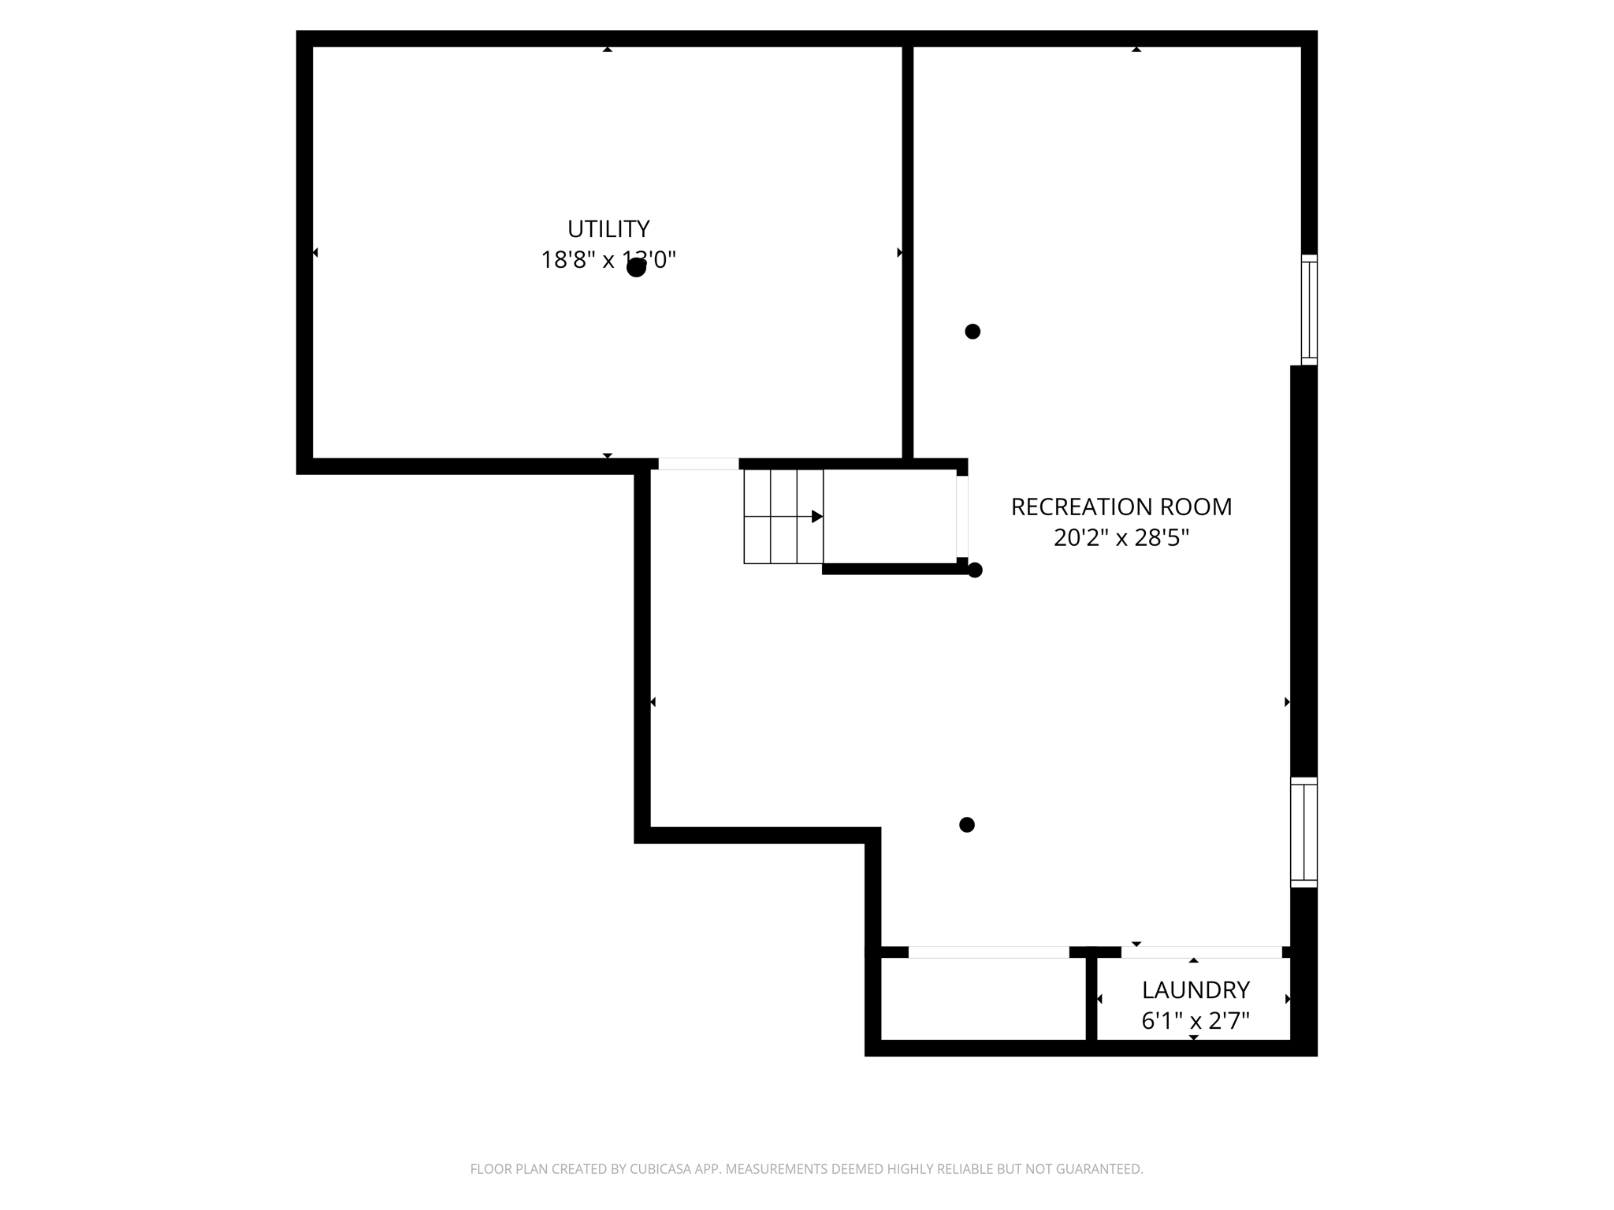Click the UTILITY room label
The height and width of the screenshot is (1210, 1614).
(x=608, y=229)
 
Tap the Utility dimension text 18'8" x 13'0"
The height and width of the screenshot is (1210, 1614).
(x=608, y=260)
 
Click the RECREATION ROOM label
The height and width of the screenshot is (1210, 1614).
(x=1121, y=507)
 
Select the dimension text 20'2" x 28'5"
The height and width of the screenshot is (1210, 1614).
(x=1121, y=538)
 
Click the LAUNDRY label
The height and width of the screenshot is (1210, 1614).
(x=1196, y=990)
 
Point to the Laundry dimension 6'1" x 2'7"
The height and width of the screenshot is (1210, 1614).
(x=1196, y=1022)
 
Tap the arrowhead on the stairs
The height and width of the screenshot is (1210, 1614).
(x=817, y=517)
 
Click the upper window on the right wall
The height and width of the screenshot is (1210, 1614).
(x=1308, y=310)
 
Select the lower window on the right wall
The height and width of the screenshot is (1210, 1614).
(x=1303, y=833)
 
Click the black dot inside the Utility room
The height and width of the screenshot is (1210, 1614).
(x=636, y=268)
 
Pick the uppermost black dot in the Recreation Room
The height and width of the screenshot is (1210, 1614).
(x=972, y=332)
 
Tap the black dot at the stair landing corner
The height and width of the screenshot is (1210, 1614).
(x=975, y=570)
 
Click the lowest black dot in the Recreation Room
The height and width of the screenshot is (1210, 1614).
(x=967, y=825)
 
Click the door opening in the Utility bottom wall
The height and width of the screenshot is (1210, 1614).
(x=698, y=464)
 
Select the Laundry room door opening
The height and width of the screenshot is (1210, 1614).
(x=1201, y=952)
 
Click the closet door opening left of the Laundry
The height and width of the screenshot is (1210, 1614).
(x=988, y=952)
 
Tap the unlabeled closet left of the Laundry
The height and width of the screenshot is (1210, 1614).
(x=983, y=999)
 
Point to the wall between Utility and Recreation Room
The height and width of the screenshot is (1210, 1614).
(x=908, y=252)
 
